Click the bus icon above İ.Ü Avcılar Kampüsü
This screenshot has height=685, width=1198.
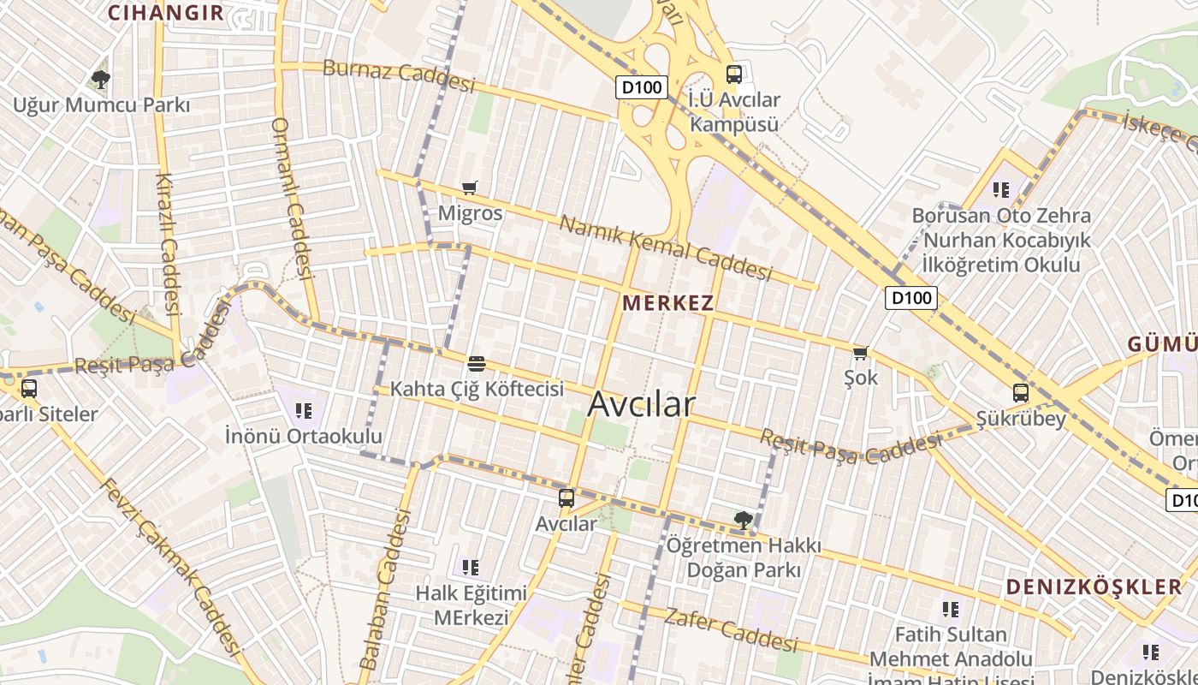point(733,74)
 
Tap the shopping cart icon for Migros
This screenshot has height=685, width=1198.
point(469,188)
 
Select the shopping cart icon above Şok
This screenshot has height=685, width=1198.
point(860,353)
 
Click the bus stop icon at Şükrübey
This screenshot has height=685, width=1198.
point(1020,393)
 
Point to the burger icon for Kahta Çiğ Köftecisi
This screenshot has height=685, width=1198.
point(477,364)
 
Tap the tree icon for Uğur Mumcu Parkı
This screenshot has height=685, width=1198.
point(101,80)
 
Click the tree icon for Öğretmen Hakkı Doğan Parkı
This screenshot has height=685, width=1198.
point(744,519)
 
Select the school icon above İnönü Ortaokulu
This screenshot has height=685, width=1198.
point(303,411)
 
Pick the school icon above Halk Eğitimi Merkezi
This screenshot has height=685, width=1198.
point(470,567)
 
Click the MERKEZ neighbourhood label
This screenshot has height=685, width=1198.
point(668,303)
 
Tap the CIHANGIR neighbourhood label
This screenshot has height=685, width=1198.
point(166,13)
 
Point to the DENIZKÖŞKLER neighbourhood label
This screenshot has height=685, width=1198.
point(1094,587)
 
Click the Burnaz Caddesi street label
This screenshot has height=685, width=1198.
point(398,76)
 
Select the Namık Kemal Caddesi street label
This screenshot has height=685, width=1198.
point(665,248)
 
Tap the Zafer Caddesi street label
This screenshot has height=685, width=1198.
point(730,629)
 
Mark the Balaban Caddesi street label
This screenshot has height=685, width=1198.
point(386,591)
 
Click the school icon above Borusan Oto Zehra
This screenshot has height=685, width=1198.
point(1000,189)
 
